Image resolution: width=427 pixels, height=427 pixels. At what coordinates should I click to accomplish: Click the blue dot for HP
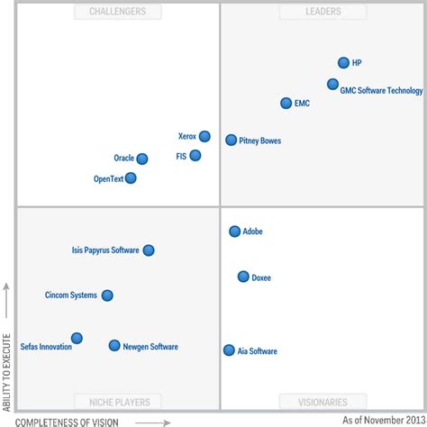(x=343, y=63)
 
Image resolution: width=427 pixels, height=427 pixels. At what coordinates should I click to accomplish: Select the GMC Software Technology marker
(x=332, y=85)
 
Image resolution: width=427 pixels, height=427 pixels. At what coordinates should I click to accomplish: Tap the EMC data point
(x=286, y=104)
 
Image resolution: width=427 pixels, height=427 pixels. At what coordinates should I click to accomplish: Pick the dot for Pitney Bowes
(x=232, y=140)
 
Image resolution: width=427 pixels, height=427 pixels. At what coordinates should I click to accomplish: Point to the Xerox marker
(x=204, y=137)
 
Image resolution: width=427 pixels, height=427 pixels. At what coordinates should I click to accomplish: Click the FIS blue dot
(x=195, y=156)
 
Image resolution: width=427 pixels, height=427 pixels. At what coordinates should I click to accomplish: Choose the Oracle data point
(x=141, y=159)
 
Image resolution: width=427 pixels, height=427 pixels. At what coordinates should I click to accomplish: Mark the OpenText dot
(x=131, y=178)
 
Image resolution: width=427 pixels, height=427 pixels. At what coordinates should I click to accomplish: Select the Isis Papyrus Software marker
(x=149, y=250)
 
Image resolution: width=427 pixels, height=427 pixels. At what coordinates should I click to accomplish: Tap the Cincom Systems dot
(x=107, y=295)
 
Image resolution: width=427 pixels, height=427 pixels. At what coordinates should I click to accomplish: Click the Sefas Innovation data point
(x=77, y=339)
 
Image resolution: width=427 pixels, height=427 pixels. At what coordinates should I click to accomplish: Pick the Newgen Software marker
(x=114, y=346)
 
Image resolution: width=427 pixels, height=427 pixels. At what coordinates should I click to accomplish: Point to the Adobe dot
(x=235, y=232)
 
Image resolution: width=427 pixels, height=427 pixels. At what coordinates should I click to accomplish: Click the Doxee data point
(x=243, y=277)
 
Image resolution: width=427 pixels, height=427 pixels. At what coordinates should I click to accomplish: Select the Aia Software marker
(x=229, y=350)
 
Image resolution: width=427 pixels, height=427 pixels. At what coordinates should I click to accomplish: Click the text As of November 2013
(x=381, y=420)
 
